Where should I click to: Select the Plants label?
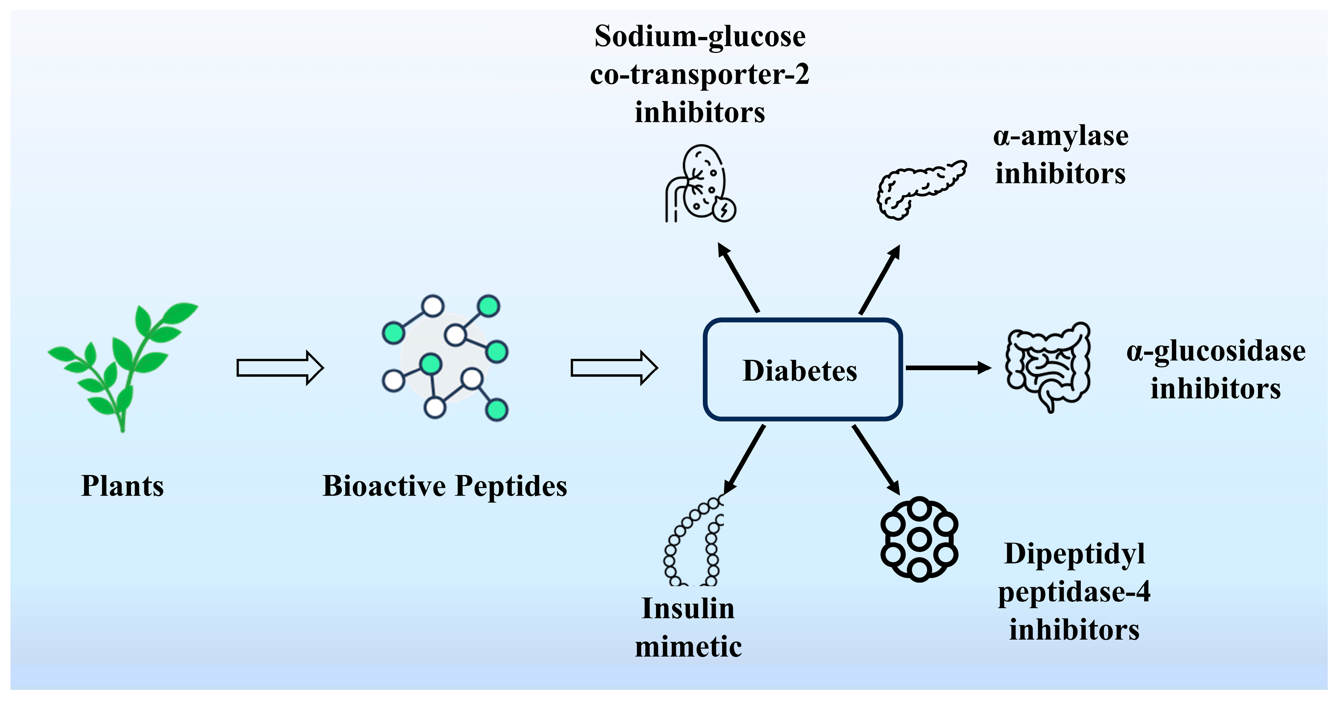(x=123, y=486)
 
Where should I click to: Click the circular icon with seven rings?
(x=919, y=539)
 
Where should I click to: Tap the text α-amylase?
(x=1061, y=136)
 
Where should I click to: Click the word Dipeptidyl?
(x=1074, y=553)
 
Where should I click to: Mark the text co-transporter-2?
(x=700, y=74)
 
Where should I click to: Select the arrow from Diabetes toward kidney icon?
(x=738, y=278)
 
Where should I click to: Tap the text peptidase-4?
(x=1074, y=592)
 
